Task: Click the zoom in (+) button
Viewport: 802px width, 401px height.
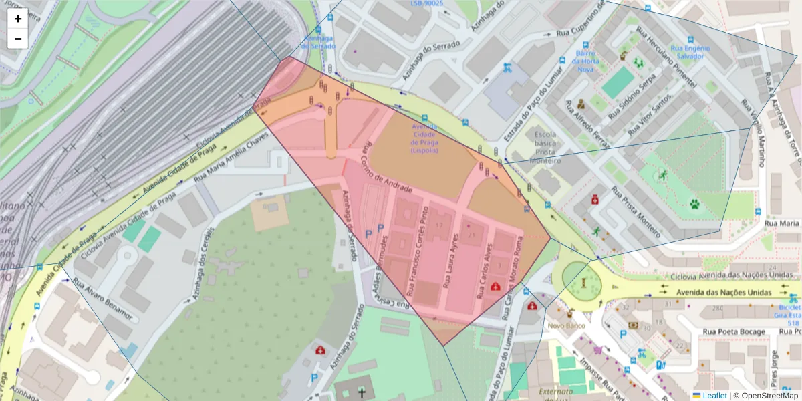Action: (18, 19)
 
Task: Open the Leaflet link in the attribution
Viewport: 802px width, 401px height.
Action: (714, 396)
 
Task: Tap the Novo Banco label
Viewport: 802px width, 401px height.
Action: (567, 326)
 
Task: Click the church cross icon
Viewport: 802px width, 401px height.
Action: (362, 392)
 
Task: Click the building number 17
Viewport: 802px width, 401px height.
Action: (439, 225)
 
